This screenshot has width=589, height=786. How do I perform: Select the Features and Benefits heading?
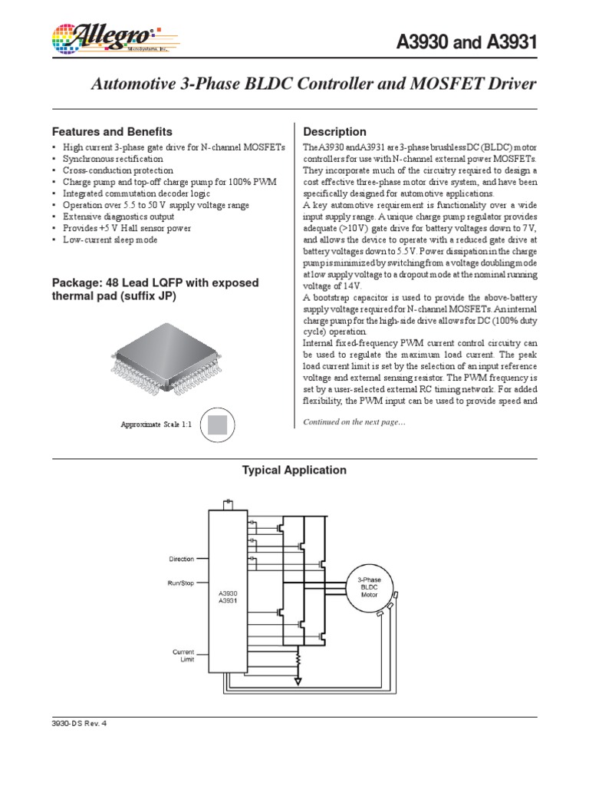[111, 131]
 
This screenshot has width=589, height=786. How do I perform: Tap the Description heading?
[335, 131]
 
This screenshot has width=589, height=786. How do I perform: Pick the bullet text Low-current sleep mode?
[110, 239]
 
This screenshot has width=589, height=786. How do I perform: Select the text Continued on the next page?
[354, 422]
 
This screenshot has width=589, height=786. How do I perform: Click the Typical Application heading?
[294, 470]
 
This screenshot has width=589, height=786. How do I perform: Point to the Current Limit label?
[183, 655]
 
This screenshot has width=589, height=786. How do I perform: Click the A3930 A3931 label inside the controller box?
[227, 596]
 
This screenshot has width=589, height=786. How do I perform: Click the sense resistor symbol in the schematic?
[298, 658]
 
